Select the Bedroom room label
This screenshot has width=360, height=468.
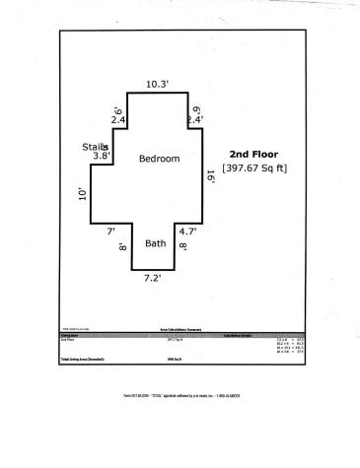click(159, 159)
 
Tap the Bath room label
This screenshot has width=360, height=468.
click(156, 243)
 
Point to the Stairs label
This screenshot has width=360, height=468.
click(96, 147)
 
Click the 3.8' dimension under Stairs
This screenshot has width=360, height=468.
click(102, 156)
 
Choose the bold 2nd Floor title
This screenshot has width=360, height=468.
click(252, 154)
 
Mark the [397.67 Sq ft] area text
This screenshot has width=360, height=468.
click(253, 167)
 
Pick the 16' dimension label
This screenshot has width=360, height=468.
click(210, 176)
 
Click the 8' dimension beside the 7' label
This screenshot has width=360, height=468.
click(121, 247)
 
